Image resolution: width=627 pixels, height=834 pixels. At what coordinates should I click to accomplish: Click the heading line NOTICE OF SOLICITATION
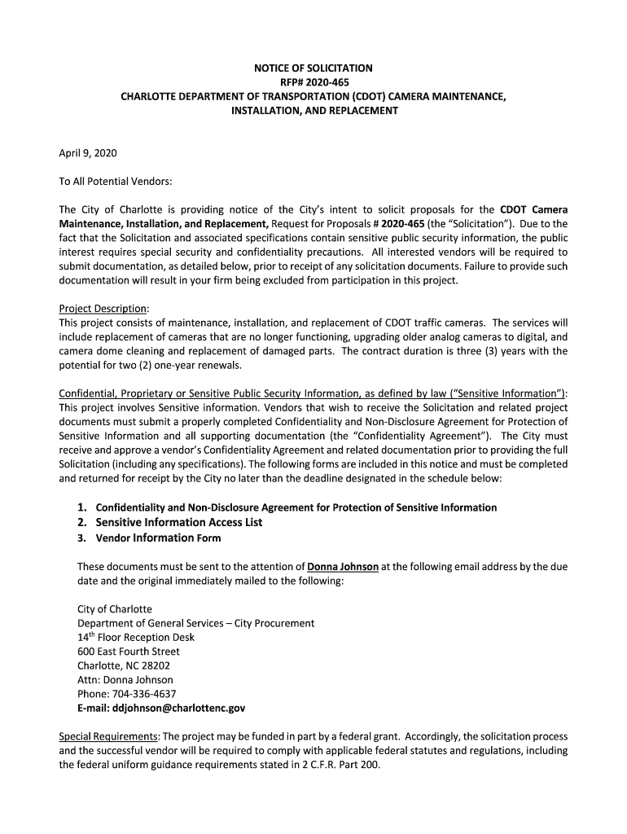[313, 68]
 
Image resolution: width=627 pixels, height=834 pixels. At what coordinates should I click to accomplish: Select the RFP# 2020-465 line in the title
[313, 82]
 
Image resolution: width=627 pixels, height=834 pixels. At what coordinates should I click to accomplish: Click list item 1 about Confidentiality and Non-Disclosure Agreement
[287, 507]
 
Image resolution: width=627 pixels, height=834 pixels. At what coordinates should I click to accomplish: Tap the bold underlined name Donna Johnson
[342, 566]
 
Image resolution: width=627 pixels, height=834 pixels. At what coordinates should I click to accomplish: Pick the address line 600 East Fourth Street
[129, 652]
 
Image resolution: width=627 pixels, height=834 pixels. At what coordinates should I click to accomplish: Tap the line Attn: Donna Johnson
[125, 680]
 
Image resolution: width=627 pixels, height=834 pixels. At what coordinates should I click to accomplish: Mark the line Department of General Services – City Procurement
[195, 623]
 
